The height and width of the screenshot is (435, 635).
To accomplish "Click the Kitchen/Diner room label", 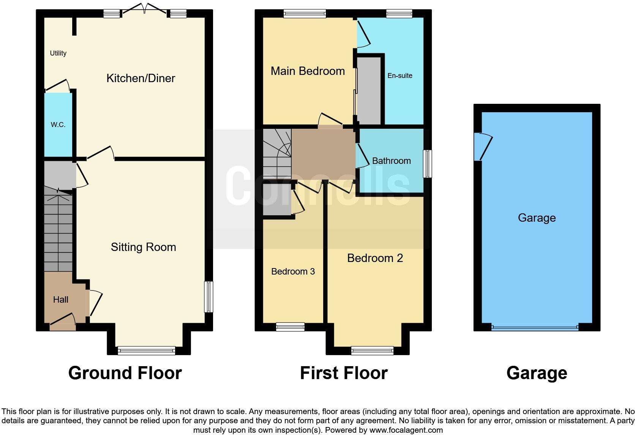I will pos(141,78).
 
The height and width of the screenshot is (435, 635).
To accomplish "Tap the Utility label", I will pos(58,53).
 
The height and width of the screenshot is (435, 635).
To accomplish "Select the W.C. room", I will pos(58,125).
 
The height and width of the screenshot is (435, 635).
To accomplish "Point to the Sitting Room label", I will pos(143,247).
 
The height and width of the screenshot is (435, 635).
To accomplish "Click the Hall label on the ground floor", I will pos(61,300).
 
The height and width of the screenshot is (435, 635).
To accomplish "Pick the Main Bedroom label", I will pos(308,71).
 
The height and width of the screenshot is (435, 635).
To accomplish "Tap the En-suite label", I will pos(400,76).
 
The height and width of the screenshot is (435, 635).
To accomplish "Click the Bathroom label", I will pos(391,161).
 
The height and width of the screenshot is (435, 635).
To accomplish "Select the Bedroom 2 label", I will pos(375,258).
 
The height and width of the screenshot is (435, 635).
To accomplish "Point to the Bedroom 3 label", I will pos(293,271).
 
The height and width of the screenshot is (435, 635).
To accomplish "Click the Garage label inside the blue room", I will pos(537,218).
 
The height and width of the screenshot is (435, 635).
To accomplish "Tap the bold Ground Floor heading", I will pos(125,373).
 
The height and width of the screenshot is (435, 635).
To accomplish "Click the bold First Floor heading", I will pos(344,373).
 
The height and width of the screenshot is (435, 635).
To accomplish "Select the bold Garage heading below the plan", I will pos(537,373).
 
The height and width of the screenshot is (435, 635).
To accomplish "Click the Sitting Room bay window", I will pos(147,351).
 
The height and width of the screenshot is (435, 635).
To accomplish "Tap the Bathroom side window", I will pos(427,164).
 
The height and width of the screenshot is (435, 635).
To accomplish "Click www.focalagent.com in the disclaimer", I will pos(406,430).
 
